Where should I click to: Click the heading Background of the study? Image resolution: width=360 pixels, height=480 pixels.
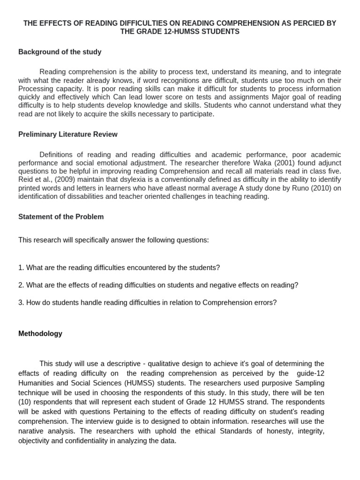60,52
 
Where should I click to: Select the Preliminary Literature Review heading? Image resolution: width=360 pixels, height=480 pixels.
68,135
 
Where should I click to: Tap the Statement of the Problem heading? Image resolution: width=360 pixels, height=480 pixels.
61,217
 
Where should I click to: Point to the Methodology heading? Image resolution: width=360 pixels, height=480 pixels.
40,334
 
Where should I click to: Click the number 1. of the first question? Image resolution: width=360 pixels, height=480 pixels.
21,268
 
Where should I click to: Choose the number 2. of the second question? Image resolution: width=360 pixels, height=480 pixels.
21,285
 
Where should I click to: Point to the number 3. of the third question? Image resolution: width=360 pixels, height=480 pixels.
21,303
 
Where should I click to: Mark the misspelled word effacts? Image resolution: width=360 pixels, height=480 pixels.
30,374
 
